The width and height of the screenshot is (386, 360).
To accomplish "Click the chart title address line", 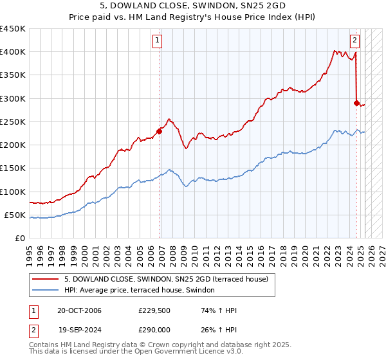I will (x=193, y=6).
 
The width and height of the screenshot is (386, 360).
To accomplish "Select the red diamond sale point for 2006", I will (x=159, y=131).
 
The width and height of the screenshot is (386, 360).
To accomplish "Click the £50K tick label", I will (x=15, y=215).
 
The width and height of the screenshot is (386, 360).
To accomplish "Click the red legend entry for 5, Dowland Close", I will (x=170, y=278).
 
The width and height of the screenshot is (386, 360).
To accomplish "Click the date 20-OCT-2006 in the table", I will (x=79, y=311).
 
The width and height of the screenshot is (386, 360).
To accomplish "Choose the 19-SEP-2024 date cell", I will (x=79, y=329).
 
